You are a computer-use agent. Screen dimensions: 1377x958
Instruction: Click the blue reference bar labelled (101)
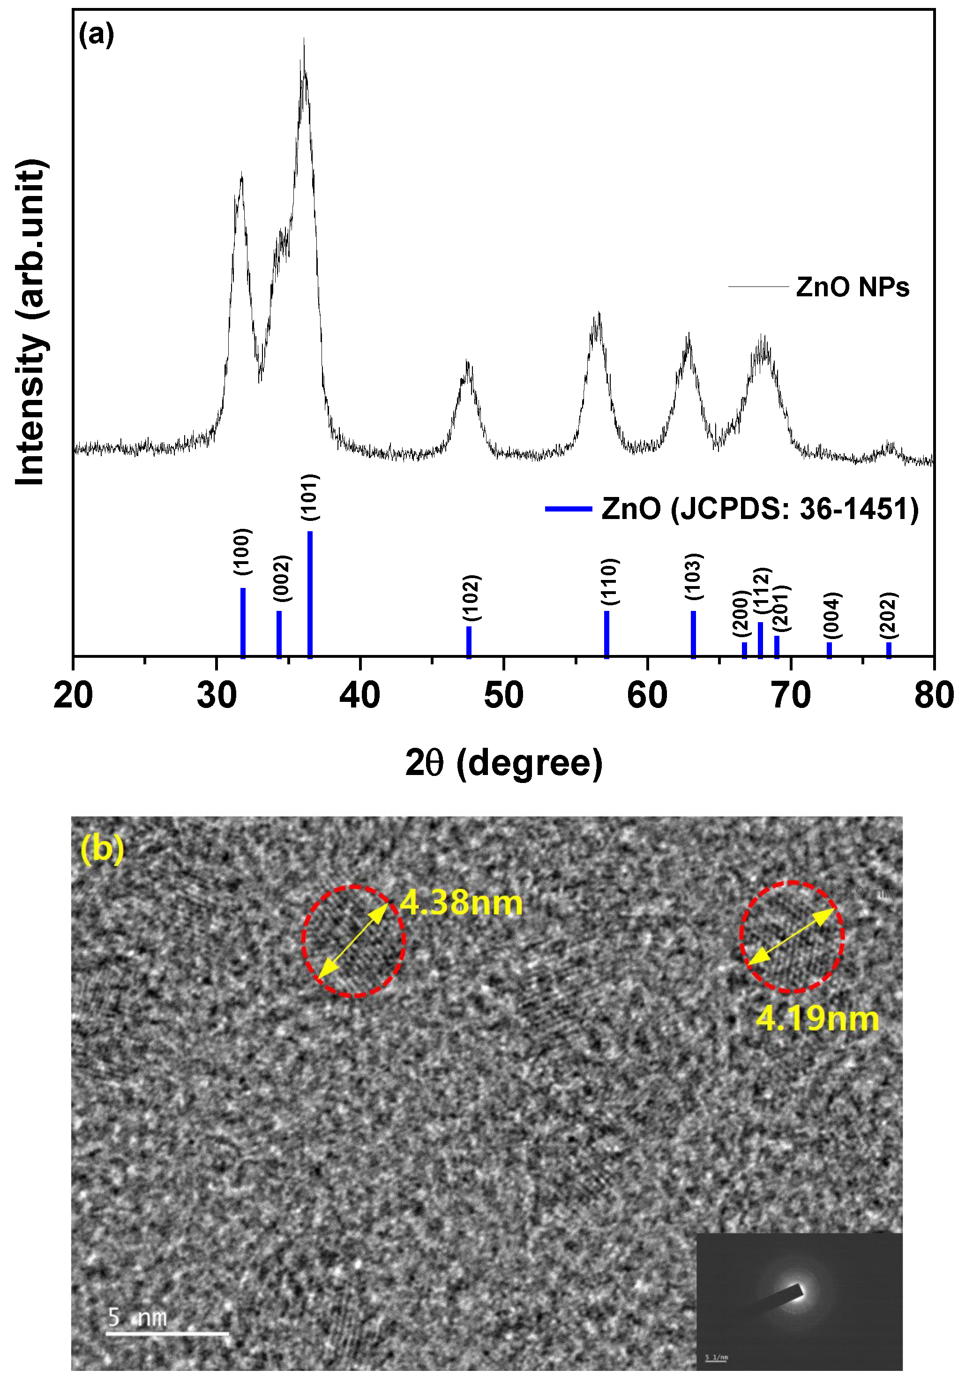coord(310,593)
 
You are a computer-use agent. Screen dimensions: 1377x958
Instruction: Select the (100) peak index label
coord(242,552)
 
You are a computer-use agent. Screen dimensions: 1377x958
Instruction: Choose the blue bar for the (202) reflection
coord(889,649)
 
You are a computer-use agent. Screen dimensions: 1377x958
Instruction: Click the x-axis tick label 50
coord(503,696)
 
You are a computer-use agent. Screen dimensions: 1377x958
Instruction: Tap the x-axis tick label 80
coord(934,696)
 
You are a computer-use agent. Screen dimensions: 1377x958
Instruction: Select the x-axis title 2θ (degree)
coord(503,763)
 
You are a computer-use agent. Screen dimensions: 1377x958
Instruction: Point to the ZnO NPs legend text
coord(852,287)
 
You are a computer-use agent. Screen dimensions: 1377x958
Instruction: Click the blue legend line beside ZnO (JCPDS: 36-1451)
coord(569,509)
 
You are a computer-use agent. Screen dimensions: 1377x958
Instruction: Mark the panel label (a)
coord(96,35)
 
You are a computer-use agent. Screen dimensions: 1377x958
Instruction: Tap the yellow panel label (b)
coord(102,849)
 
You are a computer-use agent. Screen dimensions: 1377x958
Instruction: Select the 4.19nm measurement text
coord(817,1019)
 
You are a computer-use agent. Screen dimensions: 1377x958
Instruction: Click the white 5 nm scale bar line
coord(167,1334)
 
